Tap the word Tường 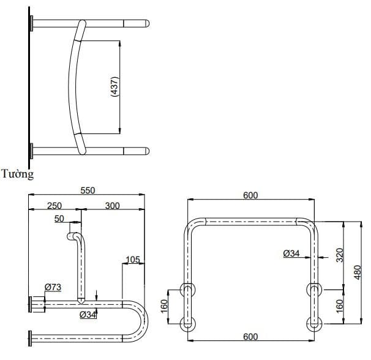pyautogui.click(x=17, y=174)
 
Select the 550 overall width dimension pyautogui.click(x=88, y=190)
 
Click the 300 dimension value pyautogui.click(x=112, y=206)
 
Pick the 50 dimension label pyautogui.click(x=59, y=219)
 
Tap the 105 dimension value pyautogui.click(x=133, y=259)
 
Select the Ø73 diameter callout pyautogui.click(x=53, y=287)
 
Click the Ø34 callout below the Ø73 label pyautogui.click(x=88, y=315)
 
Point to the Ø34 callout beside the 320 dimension pyautogui.click(x=291, y=253)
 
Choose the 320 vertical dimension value pyautogui.click(x=340, y=253)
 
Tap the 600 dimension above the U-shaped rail pyautogui.click(x=250, y=195)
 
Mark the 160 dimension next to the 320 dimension pyautogui.click(x=340, y=304)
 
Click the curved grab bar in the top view pyautogui.click(x=72, y=86)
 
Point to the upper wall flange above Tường pyautogui.click(x=30, y=24)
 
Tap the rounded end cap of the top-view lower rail pyautogui.click(x=146, y=151)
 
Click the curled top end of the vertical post pyautogui.click(x=75, y=236)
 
